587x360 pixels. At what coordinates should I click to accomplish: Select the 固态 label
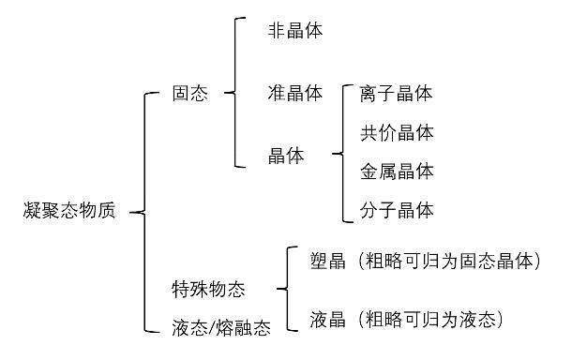coord(190,94)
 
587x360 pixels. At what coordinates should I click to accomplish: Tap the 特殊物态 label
coord(208,289)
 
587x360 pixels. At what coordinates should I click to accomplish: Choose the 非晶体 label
coord(294,30)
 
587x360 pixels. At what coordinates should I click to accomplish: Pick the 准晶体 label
coord(294,93)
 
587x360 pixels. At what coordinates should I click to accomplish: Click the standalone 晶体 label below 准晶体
coord(286,156)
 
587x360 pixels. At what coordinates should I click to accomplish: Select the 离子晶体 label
coord(397,94)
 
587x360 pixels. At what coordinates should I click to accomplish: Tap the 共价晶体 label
coord(397,132)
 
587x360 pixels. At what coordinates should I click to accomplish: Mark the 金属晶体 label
coord(397,172)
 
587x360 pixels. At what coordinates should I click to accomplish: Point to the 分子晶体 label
coord(397,210)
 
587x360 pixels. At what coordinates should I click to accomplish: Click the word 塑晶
coord(327,260)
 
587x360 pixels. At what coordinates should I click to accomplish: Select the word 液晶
coord(327,321)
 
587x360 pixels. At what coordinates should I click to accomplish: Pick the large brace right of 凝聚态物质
coord(143,212)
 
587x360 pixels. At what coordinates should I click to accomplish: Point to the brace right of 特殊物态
coord(281,289)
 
